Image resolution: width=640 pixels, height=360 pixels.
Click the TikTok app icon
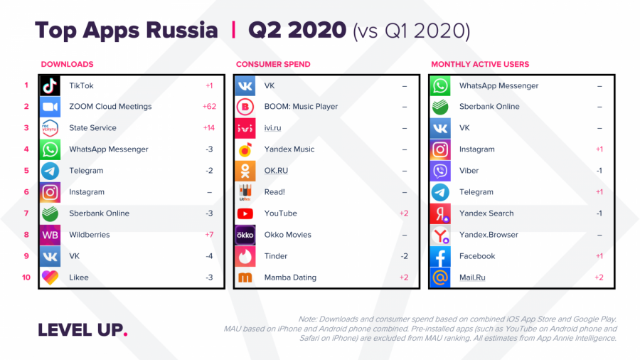click(50, 85)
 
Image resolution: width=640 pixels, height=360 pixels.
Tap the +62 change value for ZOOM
click(209, 107)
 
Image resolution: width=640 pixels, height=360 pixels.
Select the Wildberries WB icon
click(50, 235)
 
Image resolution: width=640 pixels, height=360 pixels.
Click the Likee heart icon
click(50, 277)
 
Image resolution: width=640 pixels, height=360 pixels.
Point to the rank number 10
click(26, 277)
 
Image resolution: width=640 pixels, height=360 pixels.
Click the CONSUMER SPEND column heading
click(273, 64)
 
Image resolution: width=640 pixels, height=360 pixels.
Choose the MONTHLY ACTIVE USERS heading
click(480, 64)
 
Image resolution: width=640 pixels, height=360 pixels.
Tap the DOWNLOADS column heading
click(67, 64)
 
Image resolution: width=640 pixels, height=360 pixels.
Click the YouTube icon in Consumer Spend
click(245, 213)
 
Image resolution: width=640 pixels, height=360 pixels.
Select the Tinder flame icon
click(245, 256)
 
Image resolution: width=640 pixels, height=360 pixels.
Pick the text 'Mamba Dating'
click(290, 277)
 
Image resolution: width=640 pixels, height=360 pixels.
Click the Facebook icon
click(441, 256)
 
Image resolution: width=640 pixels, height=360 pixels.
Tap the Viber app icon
click(441, 171)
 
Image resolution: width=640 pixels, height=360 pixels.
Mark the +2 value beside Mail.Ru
click(599, 277)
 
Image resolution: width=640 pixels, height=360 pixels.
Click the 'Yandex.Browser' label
click(489, 235)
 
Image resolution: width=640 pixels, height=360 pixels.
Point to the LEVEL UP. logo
click(82, 330)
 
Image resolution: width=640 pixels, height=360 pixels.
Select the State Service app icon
click(50, 128)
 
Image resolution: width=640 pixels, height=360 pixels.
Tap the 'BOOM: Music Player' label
click(301, 107)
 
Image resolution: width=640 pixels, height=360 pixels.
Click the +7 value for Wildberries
click(209, 235)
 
